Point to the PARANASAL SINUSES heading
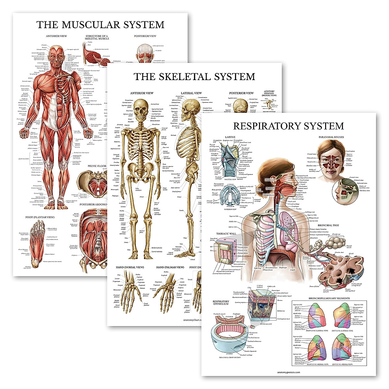(331, 137)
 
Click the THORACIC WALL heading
(227, 233)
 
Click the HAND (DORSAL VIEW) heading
(130, 267)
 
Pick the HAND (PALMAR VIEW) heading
(170, 267)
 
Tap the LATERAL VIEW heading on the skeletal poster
(191, 93)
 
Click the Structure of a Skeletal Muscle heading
(97, 37)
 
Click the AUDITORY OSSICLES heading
(269, 93)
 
